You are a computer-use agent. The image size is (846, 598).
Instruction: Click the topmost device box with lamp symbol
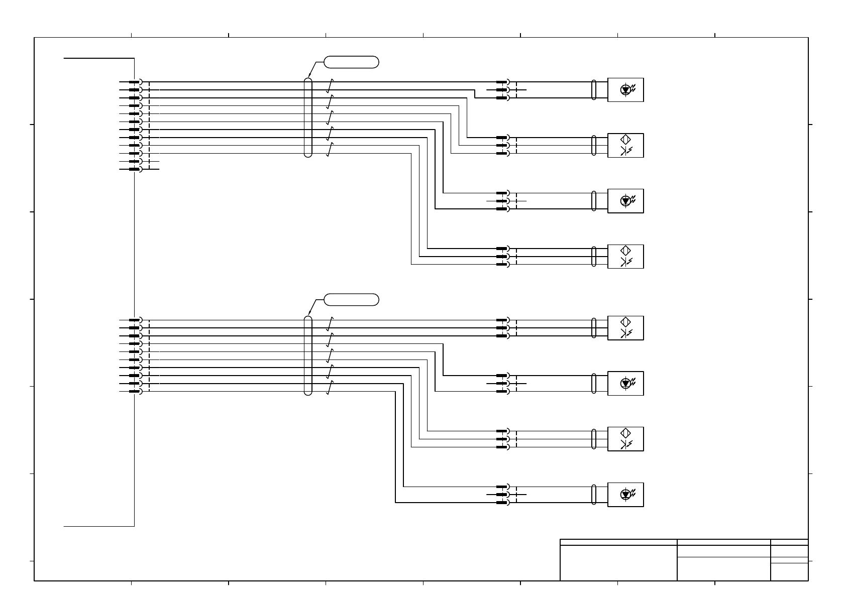pyautogui.click(x=625, y=90)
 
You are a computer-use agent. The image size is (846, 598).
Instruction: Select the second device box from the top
pyautogui.click(x=625, y=146)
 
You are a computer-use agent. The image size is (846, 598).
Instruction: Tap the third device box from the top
pyautogui.click(x=625, y=201)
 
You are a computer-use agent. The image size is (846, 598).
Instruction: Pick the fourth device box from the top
pyautogui.click(x=625, y=257)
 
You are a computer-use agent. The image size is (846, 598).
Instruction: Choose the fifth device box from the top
pyautogui.click(x=625, y=328)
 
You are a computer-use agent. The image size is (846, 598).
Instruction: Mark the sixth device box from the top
pyautogui.click(x=625, y=383)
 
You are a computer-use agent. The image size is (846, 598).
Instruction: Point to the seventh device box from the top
pyautogui.click(x=625, y=439)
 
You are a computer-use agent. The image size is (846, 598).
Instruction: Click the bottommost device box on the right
pyautogui.click(x=625, y=495)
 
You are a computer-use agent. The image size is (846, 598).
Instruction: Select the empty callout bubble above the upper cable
pyautogui.click(x=351, y=62)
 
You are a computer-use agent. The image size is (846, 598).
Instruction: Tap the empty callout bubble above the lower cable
pyautogui.click(x=351, y=300)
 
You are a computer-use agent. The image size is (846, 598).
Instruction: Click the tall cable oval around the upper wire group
pyautogui.click(x=308, y=117)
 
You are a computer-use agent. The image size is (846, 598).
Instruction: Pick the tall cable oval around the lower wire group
pyautogui.click(x=308, y=355)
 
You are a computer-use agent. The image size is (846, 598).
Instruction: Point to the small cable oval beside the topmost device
pyautogui.click(x=594, y=90)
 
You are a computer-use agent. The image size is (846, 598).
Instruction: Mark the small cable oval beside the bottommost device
pyautogui.click(x=594, y=495)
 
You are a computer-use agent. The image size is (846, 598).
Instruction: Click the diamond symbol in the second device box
pyautogui.click(x=625, y=140)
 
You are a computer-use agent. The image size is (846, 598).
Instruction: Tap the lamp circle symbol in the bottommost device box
pyautogui.click(x=625, y=495)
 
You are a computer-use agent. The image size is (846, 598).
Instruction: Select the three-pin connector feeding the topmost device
pyautogui.click(x=503, y=90)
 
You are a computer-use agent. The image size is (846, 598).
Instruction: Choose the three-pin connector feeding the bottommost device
pyautogui.click(x=503, y=495)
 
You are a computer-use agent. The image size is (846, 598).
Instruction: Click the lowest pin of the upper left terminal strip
pyautogui.click(x=135, y=169)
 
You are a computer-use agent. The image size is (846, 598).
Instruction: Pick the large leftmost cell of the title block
pyautogui.click(x=618, y=562)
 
